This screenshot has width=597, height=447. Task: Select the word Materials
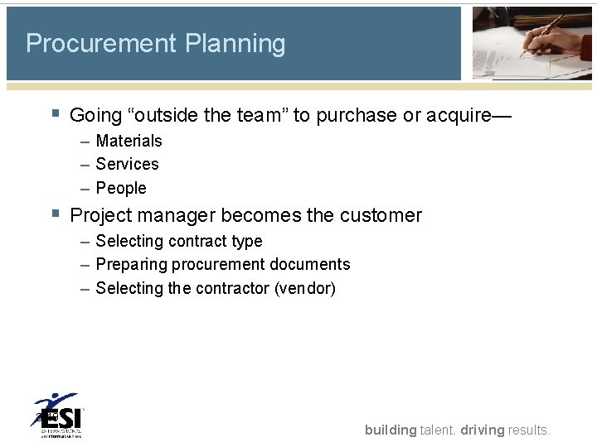[x=129, y=142]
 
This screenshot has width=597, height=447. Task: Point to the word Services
[x=127, y=165]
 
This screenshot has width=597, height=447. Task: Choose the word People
[x=121, y=189]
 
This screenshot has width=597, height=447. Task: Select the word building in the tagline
[x=391, y=430]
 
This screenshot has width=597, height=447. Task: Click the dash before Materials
[x=85, y=142]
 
